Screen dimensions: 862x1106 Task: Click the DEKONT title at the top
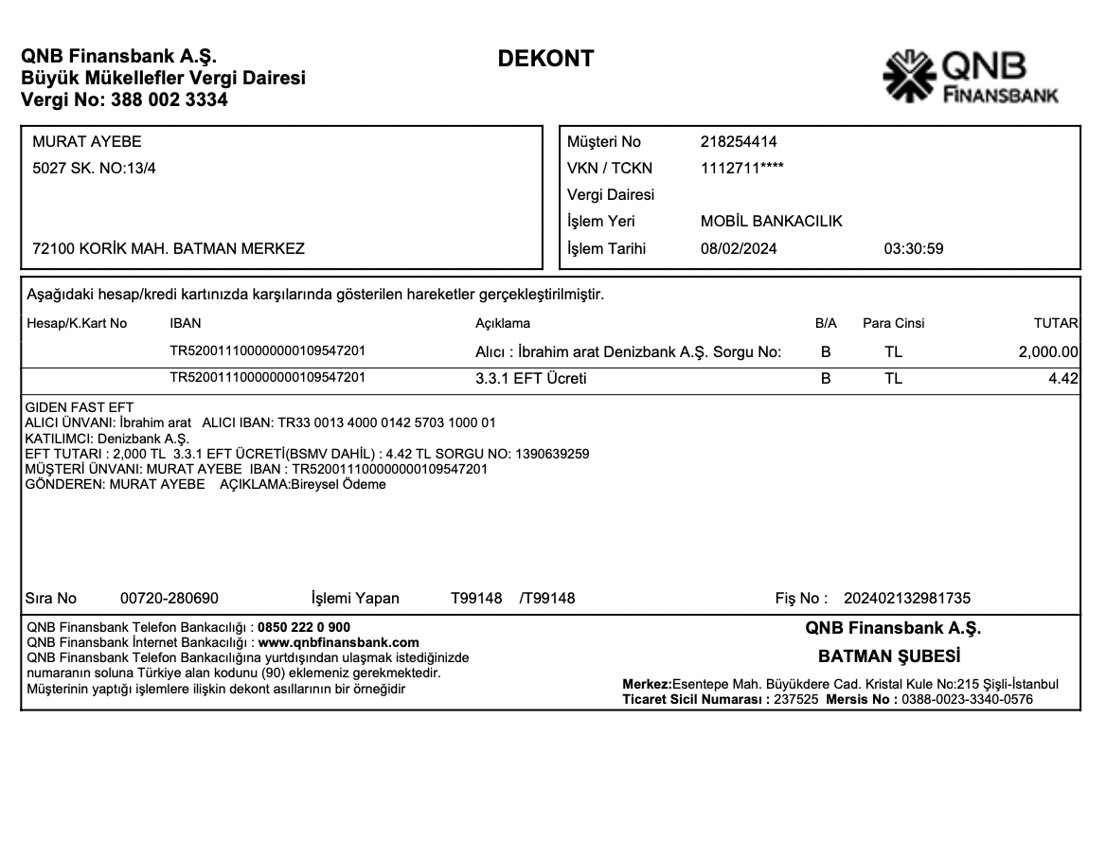(545, 59)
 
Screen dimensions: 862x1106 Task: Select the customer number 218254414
(739, 142)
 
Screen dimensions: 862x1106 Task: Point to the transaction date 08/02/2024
(739, 249)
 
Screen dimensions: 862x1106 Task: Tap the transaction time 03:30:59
(913, 249)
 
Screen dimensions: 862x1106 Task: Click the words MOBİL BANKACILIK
(771, 222)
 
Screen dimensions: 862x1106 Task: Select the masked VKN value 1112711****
(741, 169)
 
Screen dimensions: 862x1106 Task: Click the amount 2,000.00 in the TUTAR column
(1048, 352)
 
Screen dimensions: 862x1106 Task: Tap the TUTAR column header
(1056, 323)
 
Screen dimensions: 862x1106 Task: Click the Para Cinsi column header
(893, 323)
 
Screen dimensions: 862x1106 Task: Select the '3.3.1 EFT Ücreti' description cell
(530, 379)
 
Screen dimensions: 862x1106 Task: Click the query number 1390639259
(551, 454)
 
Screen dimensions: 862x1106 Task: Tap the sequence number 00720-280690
(169, 599)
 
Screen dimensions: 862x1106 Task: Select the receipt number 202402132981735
(906, 599)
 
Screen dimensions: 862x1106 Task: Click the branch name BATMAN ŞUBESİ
(889, 655)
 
